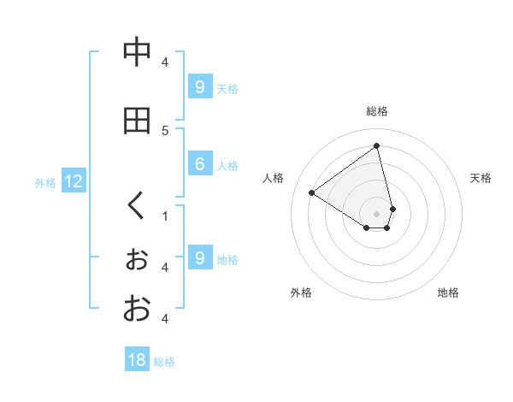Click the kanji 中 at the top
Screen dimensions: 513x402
pos(136,52)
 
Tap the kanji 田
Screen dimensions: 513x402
pos(136,121)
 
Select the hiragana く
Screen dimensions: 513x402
pos(136,205)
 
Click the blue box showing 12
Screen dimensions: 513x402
pos(74,181)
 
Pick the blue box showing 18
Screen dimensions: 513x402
pos(137,360)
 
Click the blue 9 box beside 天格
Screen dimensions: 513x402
pos(199,86)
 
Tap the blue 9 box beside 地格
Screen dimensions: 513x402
pos(199,257)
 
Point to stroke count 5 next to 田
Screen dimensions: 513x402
pos(165,130)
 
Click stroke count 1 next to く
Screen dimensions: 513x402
pos(165,216)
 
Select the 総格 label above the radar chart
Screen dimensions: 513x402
pos(377,111)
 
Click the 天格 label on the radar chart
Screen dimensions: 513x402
pos(481,178)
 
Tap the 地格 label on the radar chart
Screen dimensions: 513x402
pos(448,293)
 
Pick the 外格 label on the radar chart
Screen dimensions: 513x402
pos(301,293)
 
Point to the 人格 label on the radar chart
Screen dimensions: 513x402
pos(274,178)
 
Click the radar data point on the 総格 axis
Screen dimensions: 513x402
pos(377,146)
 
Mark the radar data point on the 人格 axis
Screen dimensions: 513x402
pos(312,192)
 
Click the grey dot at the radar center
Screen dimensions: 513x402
pos(377,213)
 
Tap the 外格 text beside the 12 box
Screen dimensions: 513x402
pos(45,182)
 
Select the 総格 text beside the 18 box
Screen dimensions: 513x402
pos(164,362)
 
